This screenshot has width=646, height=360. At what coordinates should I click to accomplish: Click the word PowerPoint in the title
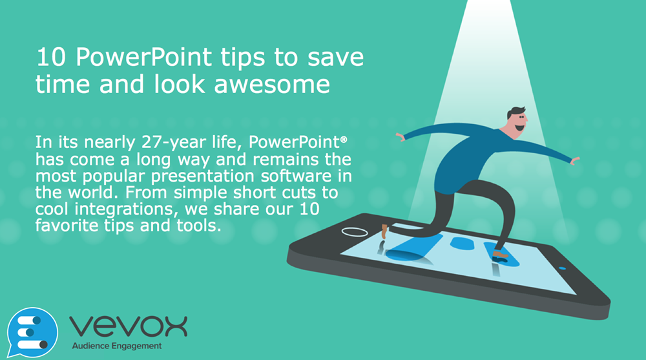pyautogui.click(x=143, y=58)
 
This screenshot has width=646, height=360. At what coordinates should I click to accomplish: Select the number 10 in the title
pyautogui.click(x=49, y=58)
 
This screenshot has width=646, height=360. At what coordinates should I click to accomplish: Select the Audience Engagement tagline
pyautogui.click(x=116, y=346)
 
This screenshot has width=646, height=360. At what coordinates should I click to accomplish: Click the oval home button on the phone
pyautogui.click(x=354, y=231)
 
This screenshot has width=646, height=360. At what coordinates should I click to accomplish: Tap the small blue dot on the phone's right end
pyautogui.click(x=561, y=268)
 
